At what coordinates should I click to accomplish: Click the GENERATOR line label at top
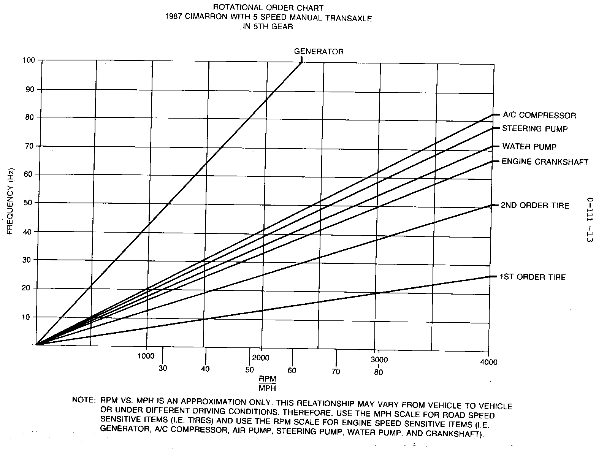(319, 52)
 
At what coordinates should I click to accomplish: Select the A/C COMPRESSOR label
(539, 115)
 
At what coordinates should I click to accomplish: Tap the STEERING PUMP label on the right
(535, 129)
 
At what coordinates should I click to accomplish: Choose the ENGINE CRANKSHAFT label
(545, 162)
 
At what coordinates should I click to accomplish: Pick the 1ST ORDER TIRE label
(533, 277)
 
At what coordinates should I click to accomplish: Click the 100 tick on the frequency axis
(29, 60)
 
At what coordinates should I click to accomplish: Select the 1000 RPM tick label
(146, 356)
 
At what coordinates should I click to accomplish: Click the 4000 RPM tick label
(489, 362)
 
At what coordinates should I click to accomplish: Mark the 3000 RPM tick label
(379, 360)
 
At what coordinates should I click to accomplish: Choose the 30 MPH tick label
(163, 368)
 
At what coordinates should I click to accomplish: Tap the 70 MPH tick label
(336, 371)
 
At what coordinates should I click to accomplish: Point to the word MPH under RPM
(267, 388)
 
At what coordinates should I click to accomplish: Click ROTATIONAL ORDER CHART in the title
(268, 7)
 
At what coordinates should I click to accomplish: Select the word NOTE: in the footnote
(83, 401)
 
